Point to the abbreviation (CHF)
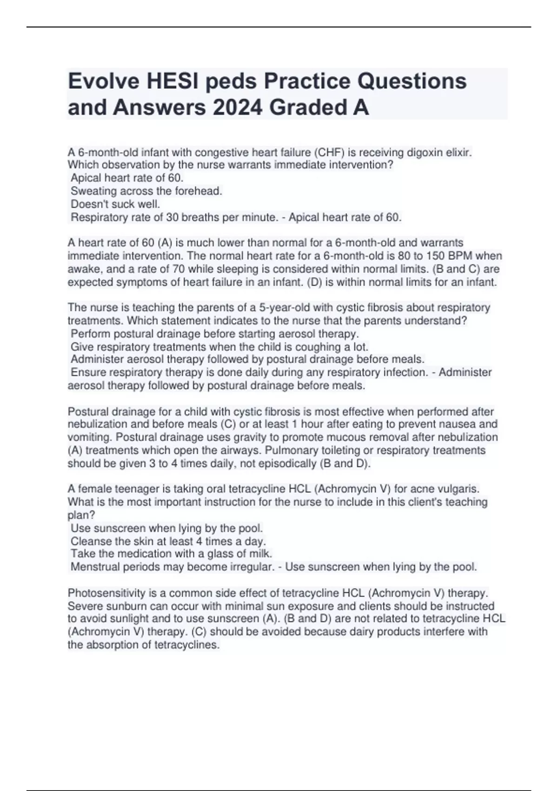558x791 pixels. (330, 152)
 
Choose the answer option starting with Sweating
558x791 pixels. (146, 191)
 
